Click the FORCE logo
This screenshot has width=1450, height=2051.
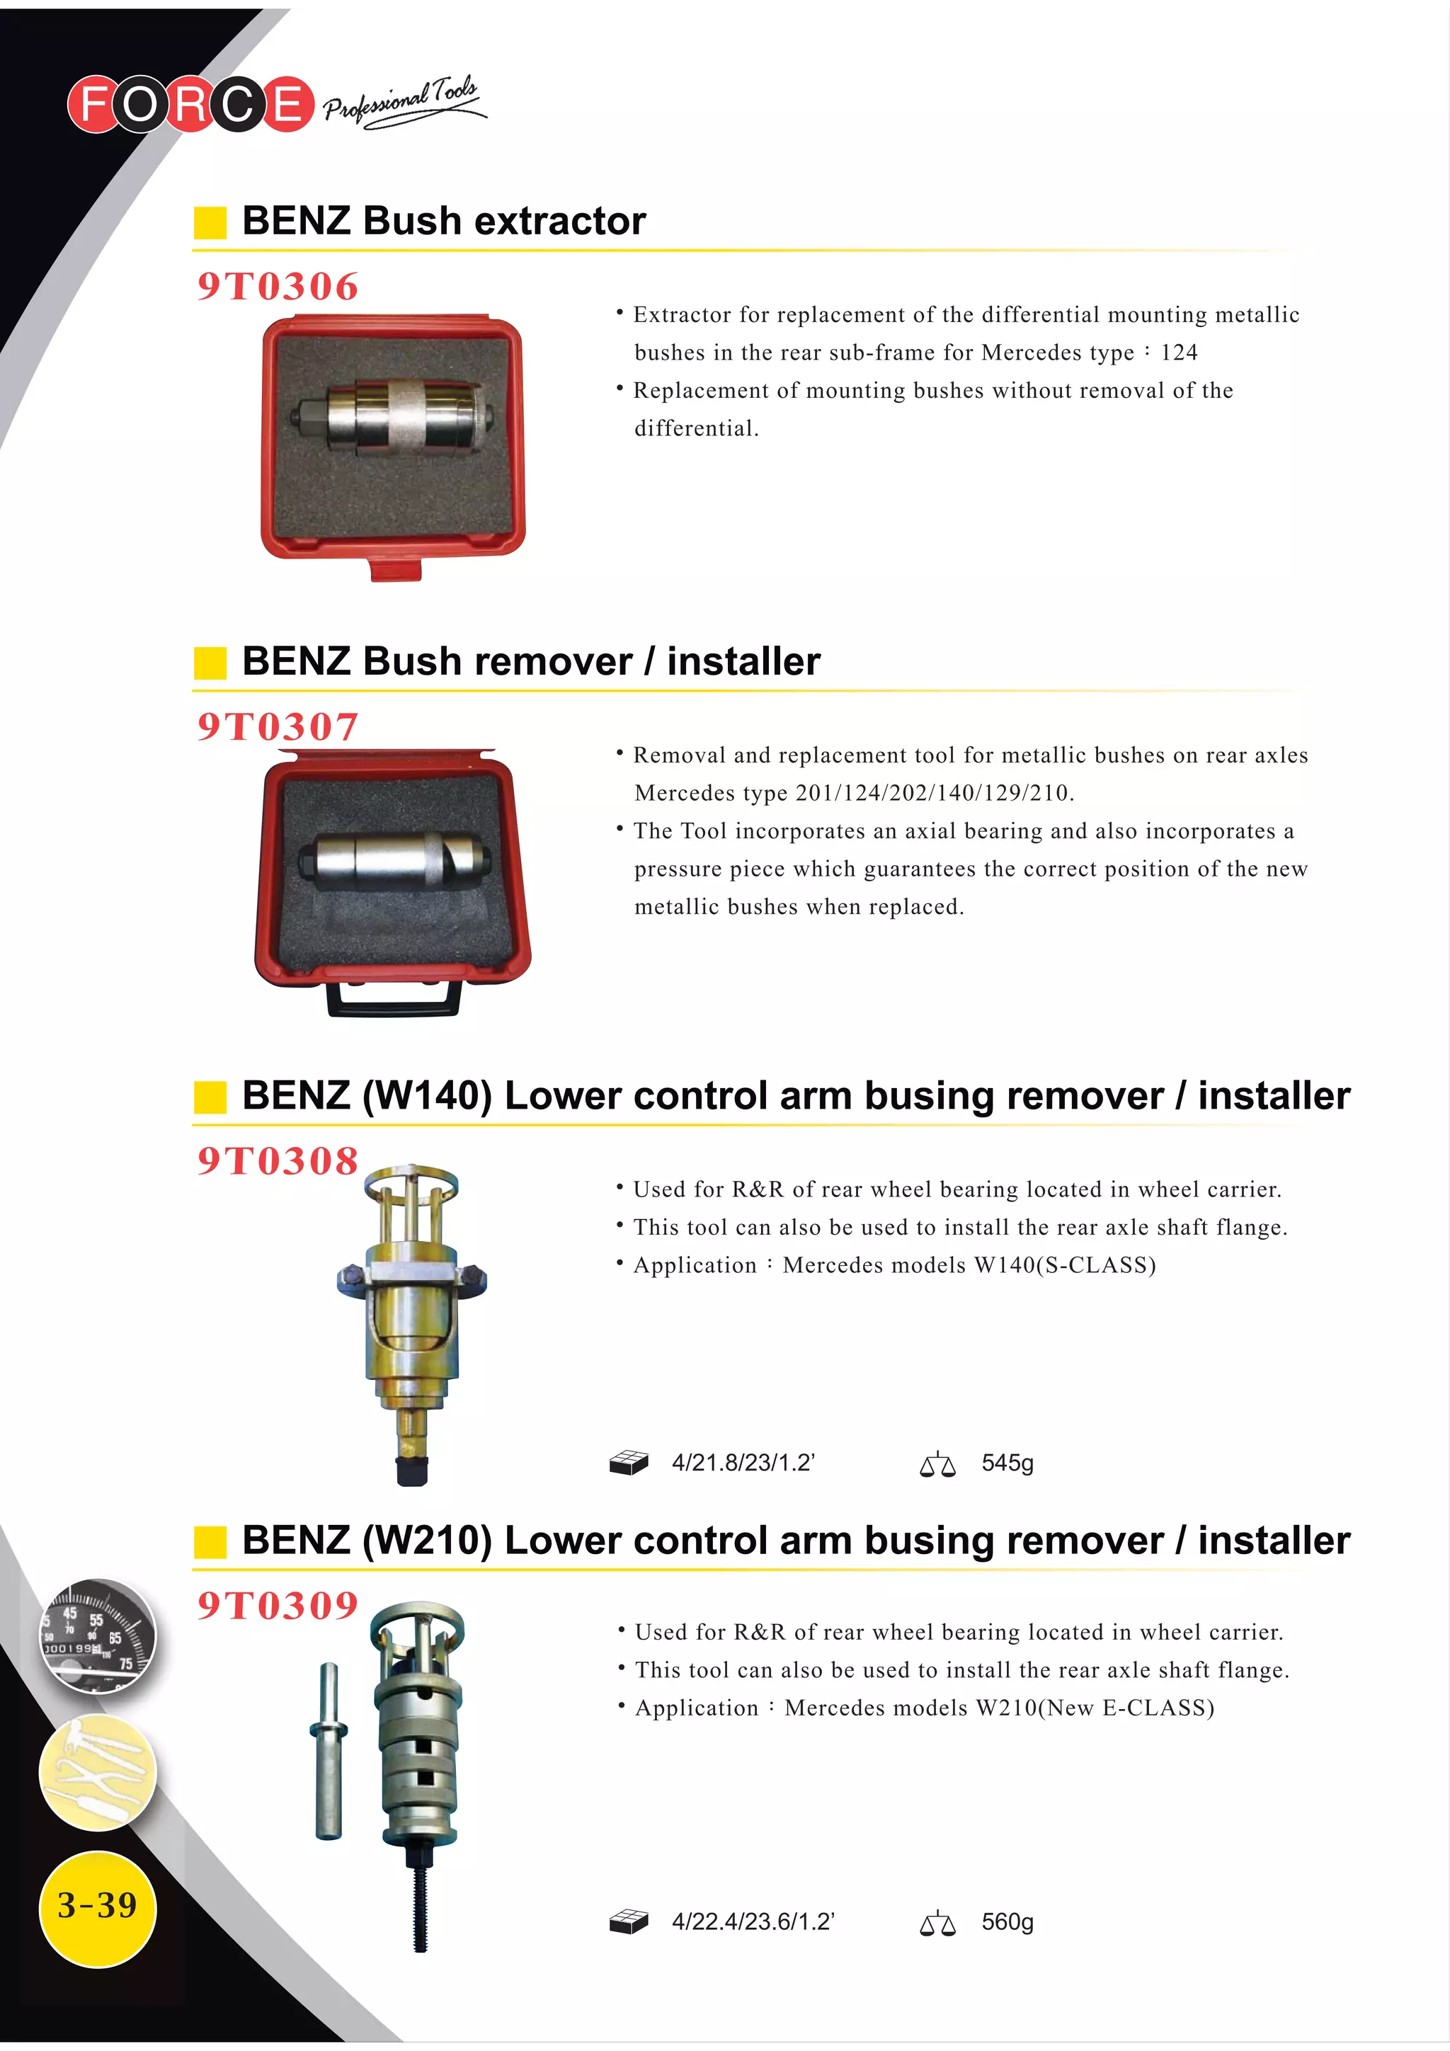click(190, 103)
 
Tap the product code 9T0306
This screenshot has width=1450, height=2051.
click(277, 287)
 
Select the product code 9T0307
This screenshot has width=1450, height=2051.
click(277, 726)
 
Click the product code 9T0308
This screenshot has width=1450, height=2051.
click(277, 1160)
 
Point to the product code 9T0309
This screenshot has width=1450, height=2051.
click(277, 1605)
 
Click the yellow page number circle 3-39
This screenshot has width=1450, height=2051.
click(98, 1908)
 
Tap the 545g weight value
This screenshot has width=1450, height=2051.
click(1007, 1463)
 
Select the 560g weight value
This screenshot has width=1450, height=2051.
click(1007, 1921)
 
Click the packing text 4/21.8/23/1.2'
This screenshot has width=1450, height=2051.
click(743, 1463)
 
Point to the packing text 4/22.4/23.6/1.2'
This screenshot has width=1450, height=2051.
click(752, 1921)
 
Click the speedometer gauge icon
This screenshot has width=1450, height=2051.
click(98, 1637)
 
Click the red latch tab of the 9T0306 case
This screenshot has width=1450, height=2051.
click(395, 570)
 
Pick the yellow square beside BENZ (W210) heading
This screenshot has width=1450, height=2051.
click(210, 1542)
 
